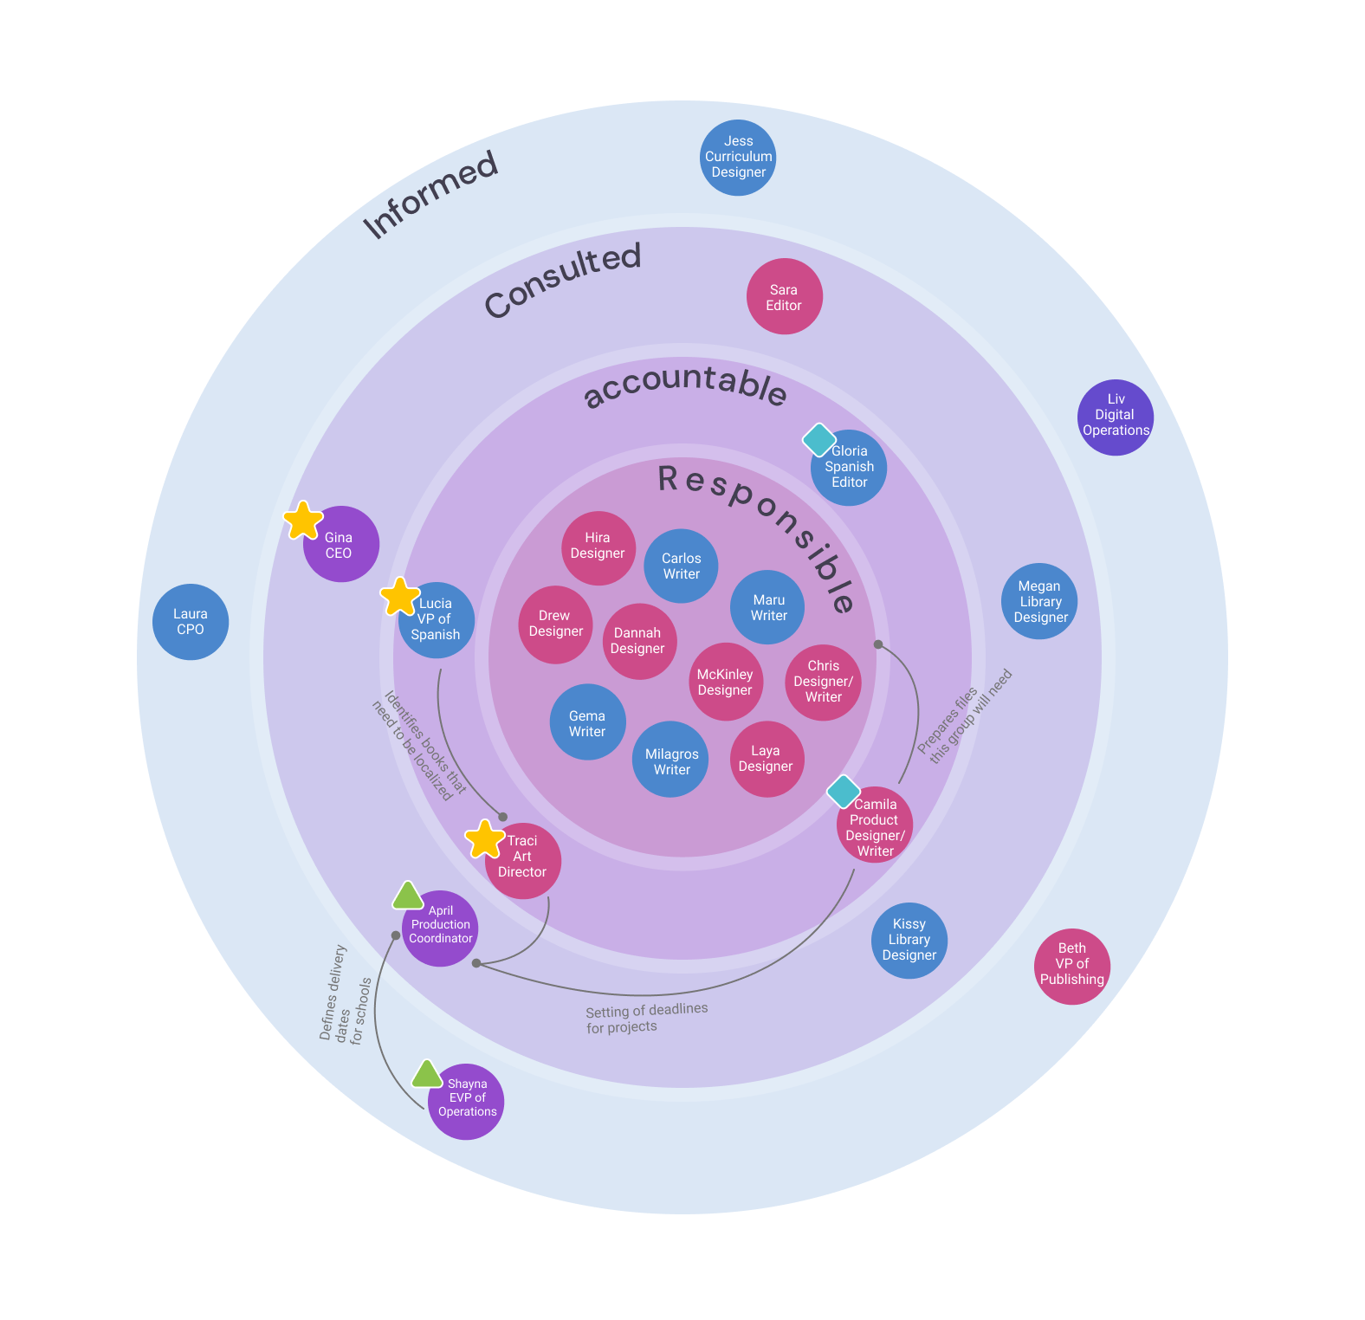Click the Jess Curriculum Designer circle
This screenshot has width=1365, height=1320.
pyautogui.click(x=738, y=158)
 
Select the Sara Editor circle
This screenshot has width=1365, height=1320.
pyautogui.click(x=784, y=296)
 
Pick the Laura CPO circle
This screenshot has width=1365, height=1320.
pyautogui.click(x=191, y=622)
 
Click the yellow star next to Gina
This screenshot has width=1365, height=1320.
pyautogui.click(x=303, y=521)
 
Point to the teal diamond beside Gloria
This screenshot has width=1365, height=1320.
pyautogui.click(x=818, y=440)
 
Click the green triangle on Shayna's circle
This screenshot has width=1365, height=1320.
pyautogui.click(x=426, y=1075)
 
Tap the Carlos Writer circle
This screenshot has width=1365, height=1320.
pyautogui.click(x=682, y=566)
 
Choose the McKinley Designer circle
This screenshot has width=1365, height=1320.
pyautogui.click(x=726, y=682)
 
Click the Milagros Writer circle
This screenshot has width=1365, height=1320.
pyautogui.click(x=671, y=760)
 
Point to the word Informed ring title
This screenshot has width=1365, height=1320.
pyautogui.click(x=430, y=194)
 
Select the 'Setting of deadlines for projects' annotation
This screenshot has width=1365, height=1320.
pyautogui.click(x=646, y=1018)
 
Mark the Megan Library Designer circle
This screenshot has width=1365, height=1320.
pyautogui.click(x=1039, y=601)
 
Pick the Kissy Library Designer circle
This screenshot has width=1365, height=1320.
pyautogui.click(x=909, y=941)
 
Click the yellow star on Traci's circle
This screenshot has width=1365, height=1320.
pyautogui.click(x=484, y=839)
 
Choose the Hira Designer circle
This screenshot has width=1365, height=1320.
pyautogui.click(x=598, y=547)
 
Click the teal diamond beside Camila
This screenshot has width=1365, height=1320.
pyautogui.click(x=843, y=792)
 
